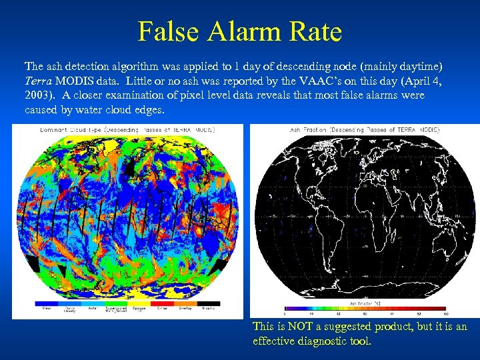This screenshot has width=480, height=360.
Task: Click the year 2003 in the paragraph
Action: [37, 95]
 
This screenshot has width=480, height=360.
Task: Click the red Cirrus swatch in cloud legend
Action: [161, 304]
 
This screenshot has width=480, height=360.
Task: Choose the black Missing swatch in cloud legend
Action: [208, 304]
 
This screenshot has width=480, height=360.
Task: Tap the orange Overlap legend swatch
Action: [185, 304]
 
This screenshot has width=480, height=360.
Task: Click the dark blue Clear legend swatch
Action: [47, 304]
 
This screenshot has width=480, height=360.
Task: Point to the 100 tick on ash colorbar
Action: [445, 313]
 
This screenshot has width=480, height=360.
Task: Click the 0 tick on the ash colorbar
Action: [285, 313]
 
